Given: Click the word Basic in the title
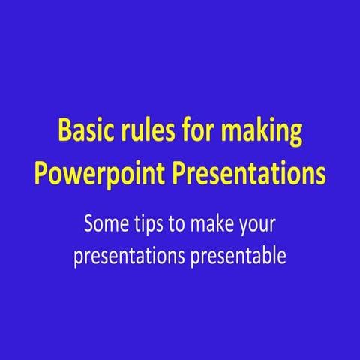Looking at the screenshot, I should pyautogui.click(x=83, y=133).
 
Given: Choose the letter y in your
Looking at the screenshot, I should pyautogui.click(x=242, y=227).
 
